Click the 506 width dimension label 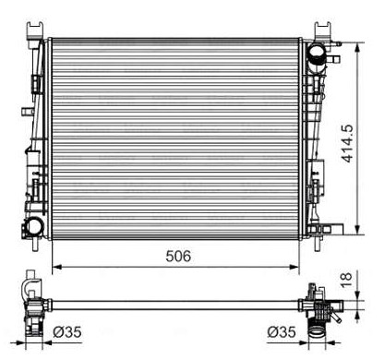click(x=178, y=256)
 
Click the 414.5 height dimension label click(x=347, y=143)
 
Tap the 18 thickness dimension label click(x=346, y=280)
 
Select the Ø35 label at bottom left click(x=67, y=332)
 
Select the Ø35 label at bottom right click(x=282, y=332)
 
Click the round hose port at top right click(x=318, y=53)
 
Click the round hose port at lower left click(x=34, y=226)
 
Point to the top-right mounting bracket click(x=322, y=30)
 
